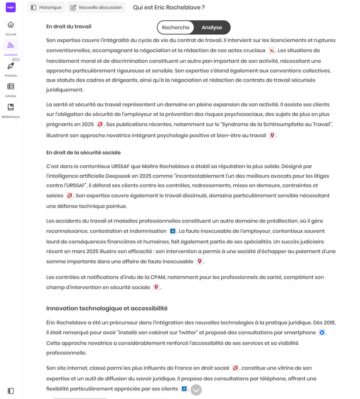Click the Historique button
click(46, 7)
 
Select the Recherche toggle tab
click(176, 27)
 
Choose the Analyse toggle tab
click(212, 27)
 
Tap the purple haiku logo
click(11, 7)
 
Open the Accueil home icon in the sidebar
click(11, 25)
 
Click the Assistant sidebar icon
click(11, 46)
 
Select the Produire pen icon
click(11, 66)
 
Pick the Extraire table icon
click(11, 87)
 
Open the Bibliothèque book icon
click(11, 107)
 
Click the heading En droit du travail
click(69, 26)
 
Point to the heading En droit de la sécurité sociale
click(83, 152)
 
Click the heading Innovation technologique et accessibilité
click(107, 308)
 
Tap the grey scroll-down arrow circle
click(196, 390)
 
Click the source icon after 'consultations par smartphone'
click(322, 333)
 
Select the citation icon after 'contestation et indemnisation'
click(173, 231)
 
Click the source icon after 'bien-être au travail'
click(272, 136)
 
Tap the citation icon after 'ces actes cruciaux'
click(272, 51)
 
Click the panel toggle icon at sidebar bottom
click(11, 391)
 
